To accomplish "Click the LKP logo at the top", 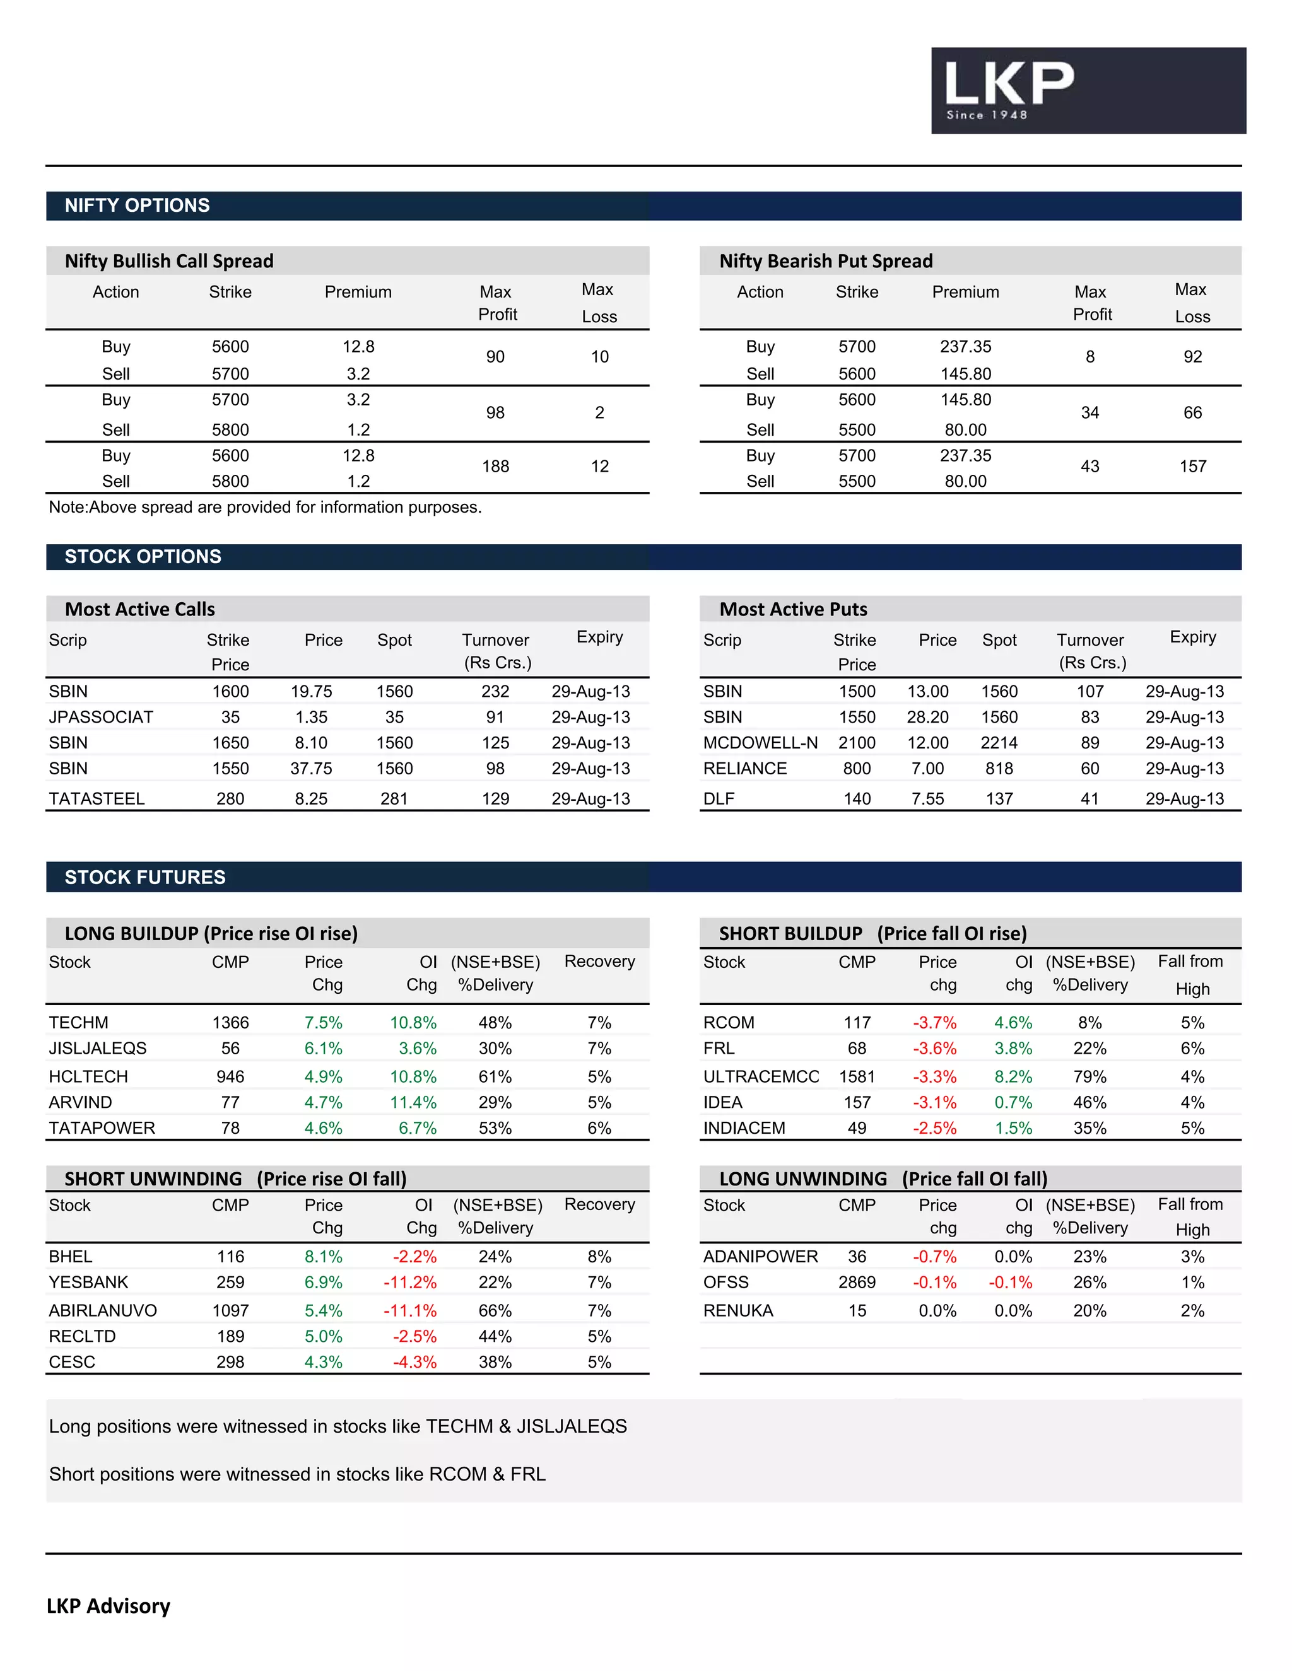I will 1087,90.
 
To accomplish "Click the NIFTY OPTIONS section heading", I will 137,205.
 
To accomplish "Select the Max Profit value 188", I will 495,466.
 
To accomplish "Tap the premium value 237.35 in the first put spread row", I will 965,347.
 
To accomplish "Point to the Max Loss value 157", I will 1192,466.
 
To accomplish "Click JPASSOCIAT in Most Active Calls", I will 101,717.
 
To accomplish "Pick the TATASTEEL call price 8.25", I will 311,799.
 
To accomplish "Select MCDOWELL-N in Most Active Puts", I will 760,743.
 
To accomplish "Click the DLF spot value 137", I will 999,799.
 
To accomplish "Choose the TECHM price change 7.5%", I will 323,1022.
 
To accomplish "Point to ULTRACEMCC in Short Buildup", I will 761,1076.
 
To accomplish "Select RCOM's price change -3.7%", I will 934,1022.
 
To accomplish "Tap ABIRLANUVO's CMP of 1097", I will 230,1311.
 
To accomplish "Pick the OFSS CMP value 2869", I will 857,1283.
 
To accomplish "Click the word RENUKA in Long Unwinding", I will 738,1311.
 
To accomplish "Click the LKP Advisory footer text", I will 109,1606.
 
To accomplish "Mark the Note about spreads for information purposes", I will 265,507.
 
